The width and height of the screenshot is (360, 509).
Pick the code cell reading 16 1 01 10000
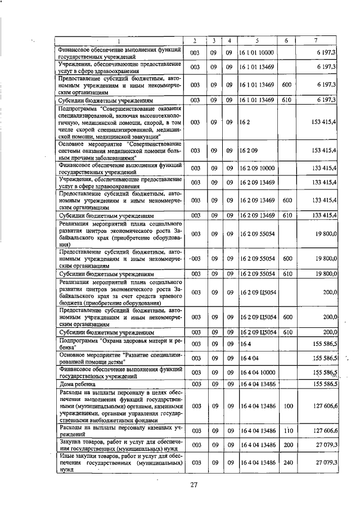point(256,52)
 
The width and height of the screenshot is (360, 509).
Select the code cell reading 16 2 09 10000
point(256,168)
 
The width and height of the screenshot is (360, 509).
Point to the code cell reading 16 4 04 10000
point(256,372)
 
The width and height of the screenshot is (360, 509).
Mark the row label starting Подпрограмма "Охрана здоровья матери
point(119,344)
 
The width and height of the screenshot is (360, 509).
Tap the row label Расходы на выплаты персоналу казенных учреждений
point(119,430)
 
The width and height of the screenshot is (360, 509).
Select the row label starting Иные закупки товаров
point(119,462)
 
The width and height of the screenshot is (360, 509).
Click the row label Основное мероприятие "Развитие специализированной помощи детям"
point(119,358)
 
